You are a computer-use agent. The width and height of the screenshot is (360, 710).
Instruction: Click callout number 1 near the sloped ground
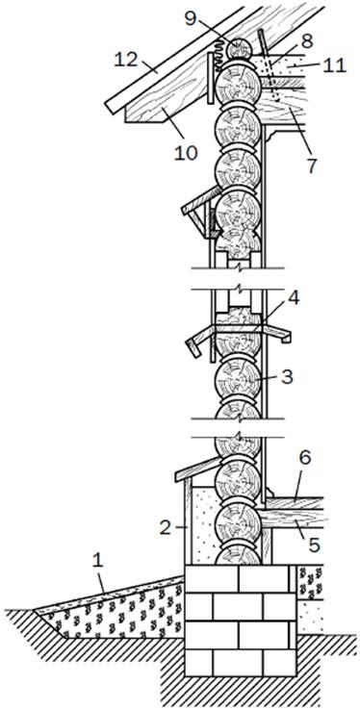(98, 563)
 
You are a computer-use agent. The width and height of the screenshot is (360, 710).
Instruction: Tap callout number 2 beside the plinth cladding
(166, 528)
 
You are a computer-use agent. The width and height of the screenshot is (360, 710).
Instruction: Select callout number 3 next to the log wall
(287, 377)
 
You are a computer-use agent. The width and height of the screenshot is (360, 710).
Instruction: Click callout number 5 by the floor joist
(314, 545)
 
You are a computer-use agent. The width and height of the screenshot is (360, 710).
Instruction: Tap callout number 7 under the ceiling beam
(311, 166)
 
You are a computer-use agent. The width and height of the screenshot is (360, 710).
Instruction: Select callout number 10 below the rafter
(186, 153)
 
